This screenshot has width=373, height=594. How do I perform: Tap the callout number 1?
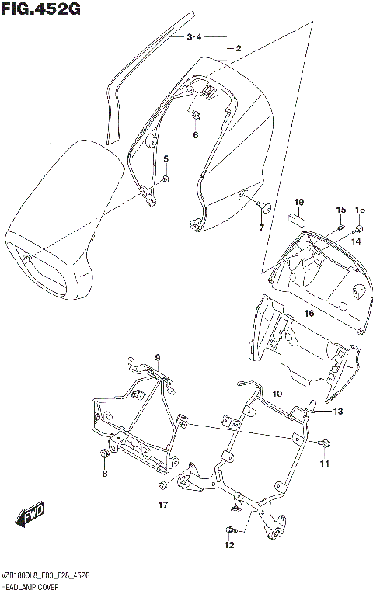[51, 146]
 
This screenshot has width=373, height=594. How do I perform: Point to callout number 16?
[309, 314]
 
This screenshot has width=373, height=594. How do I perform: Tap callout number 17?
[163, 505]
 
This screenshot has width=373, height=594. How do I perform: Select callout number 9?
[157, 358]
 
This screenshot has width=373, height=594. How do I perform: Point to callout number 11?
[277, 394]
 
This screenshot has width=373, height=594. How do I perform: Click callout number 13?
[324, 464]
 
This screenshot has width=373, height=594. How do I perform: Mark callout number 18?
[360, 210]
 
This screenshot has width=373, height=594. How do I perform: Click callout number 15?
[340, 210]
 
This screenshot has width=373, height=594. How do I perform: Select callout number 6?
[195, 135]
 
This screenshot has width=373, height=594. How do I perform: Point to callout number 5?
[166, 159]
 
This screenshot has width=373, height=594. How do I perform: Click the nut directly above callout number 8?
[104, 453]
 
